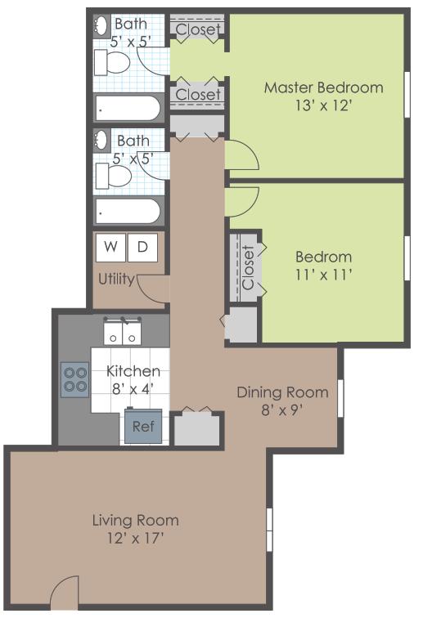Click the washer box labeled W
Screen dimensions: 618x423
(x=110, y=247)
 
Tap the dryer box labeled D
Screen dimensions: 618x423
(x=142, y=247)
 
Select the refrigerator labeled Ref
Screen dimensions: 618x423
(x=143, y=426)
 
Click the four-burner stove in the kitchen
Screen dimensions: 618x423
(x=75, y=378)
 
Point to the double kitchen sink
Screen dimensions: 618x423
(x=123, y=333)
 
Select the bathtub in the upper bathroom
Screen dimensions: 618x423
(x=128, y=107)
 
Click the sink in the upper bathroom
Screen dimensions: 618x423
(x=101, y=25)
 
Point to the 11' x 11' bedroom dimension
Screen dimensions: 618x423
(x=323, y=275)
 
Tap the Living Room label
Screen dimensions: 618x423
(x=135, y=520)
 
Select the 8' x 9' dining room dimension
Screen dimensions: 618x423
(x=282, y=410)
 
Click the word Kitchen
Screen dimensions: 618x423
(x=133, y=371)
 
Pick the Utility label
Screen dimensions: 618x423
(x=116, y=279)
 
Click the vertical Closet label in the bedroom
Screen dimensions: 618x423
(x=249, y=267)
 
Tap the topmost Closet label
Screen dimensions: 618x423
(x=198, y=29)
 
